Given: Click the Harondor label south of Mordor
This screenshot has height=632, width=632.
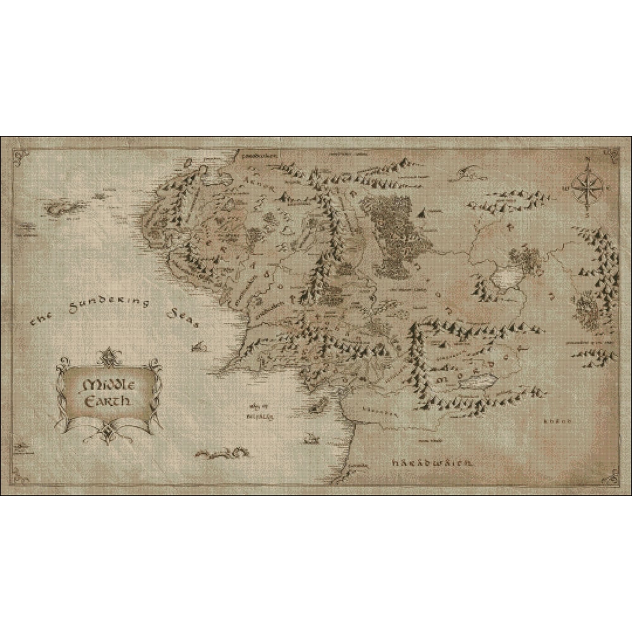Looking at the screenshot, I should click(372, 411).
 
